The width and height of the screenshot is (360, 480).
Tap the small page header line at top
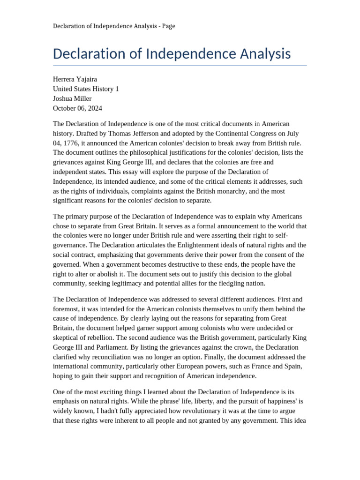pos(114,26)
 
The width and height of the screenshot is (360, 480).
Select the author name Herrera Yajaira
pos(75,79)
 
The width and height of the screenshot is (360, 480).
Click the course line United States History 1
pos(86,89)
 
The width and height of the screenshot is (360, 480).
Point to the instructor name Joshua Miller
pos(72,98)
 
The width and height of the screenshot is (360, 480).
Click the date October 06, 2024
pos(77,108)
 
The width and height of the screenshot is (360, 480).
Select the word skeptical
pos(68,337)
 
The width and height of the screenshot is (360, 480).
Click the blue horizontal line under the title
pos(180,66)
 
